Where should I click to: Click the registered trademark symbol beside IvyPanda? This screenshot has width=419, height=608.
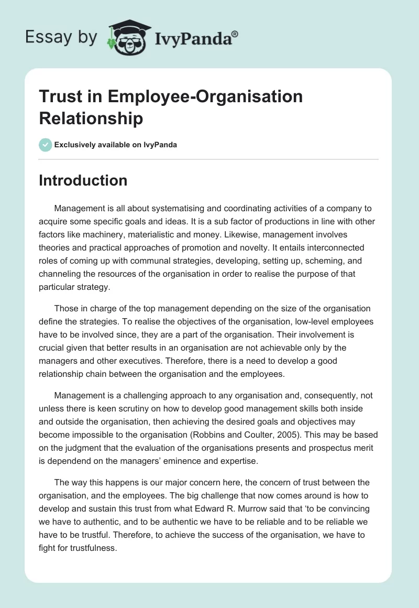(x=235, y=34)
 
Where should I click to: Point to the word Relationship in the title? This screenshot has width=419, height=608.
(x=91, y=118)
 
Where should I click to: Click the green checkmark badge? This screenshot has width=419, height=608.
(x=46, y=145)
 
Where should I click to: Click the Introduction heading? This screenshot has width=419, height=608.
(x=83, y=180)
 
